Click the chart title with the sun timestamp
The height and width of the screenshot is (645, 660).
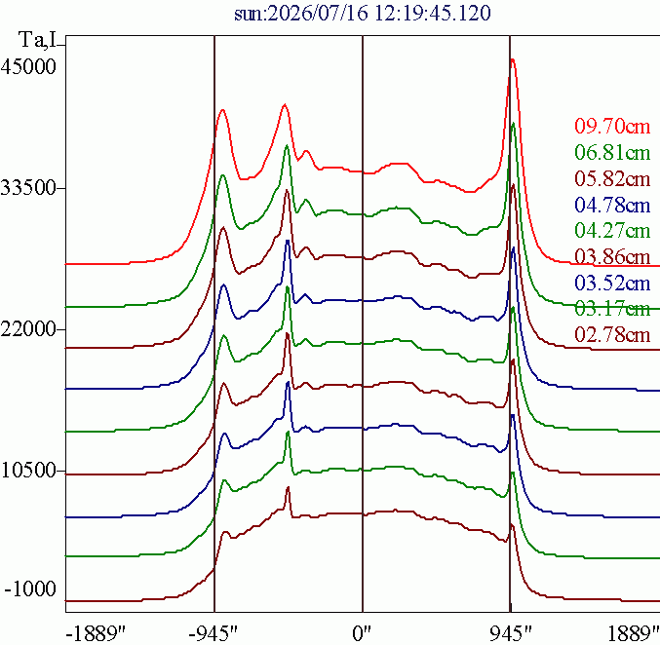coord(363,13)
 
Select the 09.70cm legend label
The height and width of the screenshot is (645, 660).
coord(612,127)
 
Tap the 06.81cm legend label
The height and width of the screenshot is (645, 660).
coord(612,152)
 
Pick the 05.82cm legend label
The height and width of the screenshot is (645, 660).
coord(612,179)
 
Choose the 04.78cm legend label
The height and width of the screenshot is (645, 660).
coord(612,205)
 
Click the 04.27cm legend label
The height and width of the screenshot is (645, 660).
coord(612,231)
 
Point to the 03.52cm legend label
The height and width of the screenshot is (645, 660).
coord(612,283)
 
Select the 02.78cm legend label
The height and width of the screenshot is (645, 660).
coord(612,335)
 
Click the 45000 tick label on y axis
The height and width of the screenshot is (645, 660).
coord(28,66)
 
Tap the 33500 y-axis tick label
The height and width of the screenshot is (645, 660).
coord(28,188)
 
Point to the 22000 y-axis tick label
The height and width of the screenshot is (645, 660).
coord(28,329)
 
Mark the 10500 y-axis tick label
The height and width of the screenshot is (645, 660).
coord(28,471)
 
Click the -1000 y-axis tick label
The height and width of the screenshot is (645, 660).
coord(30,588)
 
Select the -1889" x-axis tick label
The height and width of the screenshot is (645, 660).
coord(97,633)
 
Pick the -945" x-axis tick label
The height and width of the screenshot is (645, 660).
coord(214,633)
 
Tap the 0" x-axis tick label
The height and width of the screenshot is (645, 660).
coord(363,633)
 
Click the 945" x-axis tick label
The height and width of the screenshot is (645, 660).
coord(511,633)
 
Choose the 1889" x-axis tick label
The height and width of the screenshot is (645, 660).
coord(634,633)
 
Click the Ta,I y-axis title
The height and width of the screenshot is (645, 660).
coord(37,40)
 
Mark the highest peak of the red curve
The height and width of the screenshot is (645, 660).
coord(512,59)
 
